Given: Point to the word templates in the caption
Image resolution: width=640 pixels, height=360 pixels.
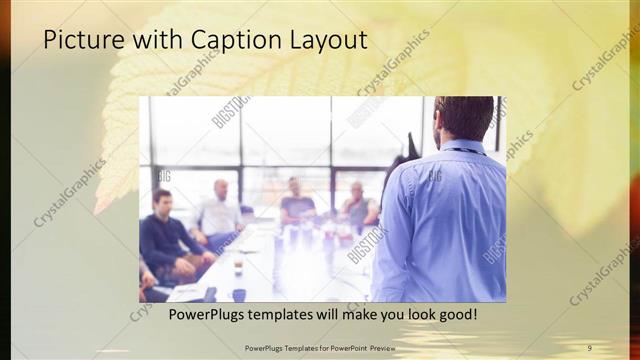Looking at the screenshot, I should pos(284,315).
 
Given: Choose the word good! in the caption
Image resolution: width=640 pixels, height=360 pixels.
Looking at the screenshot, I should pos(456,315).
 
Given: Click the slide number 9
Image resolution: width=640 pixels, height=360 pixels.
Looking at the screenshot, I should pos(589,348).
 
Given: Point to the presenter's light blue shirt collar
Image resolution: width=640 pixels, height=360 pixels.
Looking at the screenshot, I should pos(462,146).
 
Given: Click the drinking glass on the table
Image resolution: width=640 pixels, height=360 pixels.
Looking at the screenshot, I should pos(237,267).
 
